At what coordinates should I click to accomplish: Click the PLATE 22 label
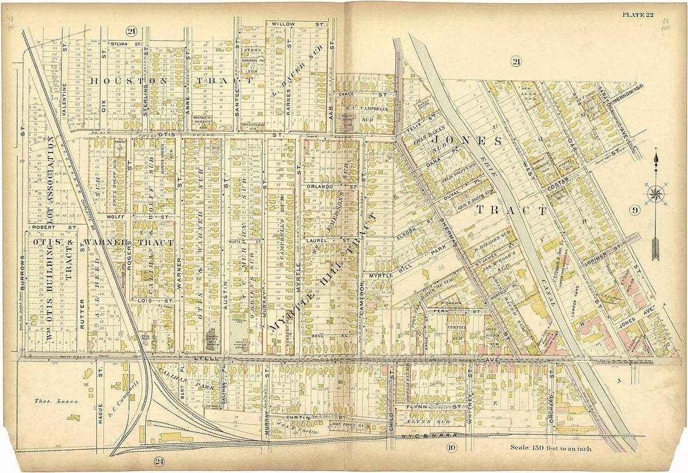(x=637, y=14)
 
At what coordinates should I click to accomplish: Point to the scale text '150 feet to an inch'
(x=550, y=447)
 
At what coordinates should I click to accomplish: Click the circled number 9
(x=634, y=210)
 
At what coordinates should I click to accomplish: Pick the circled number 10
(x=452, y=446)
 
